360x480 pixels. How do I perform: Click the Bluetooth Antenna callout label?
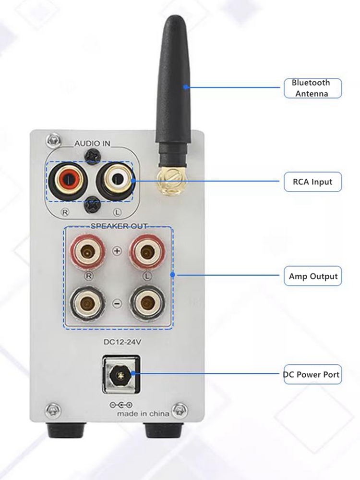point(312,88)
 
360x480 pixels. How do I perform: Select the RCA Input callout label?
point(312,182)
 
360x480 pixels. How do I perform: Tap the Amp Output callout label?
point(312,276)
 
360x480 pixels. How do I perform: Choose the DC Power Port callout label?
point(312,374)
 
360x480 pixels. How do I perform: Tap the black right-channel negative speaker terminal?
point(88,304)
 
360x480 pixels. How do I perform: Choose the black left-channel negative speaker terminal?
point(145,304)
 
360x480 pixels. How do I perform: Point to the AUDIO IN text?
point(92,143)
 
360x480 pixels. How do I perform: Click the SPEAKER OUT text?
point(118,225)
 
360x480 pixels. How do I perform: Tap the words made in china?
point(143,414)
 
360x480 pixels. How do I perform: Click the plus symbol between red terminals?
point(117,250)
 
